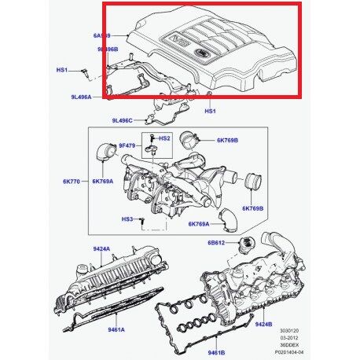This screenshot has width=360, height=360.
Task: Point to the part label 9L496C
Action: coord(123,121)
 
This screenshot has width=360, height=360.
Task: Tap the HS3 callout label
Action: coord(127,218)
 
